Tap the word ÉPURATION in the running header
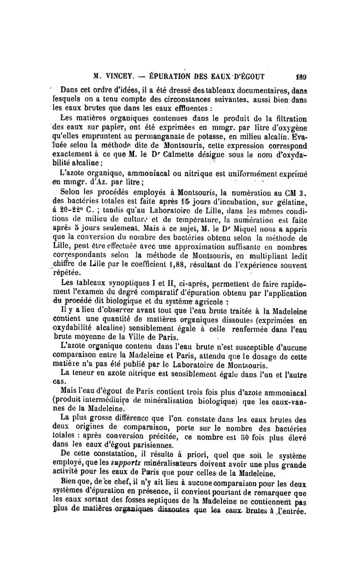175,76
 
